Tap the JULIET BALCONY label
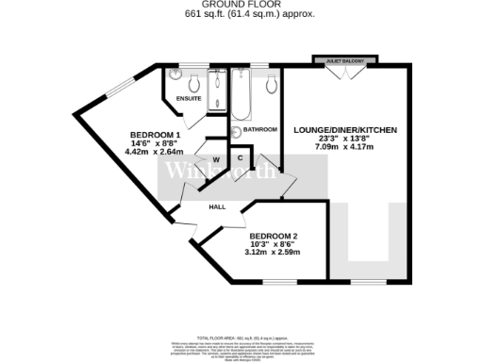click(344, 59)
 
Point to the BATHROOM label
click(260, 129)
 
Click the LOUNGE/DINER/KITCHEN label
click(344, 129)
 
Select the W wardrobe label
click(215, 159)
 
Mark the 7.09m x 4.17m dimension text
click(344, 147)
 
